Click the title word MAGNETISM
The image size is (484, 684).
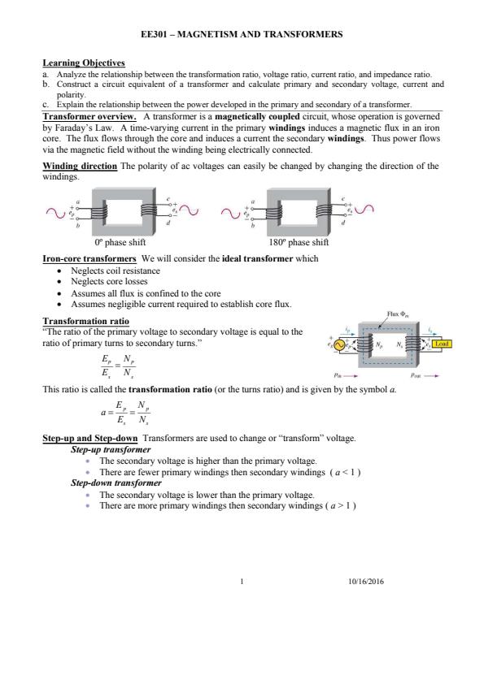pos(207,34)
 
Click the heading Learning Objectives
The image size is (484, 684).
pos(84,63)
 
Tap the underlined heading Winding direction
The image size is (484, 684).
pos(80,166)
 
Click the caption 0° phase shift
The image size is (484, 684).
pos(120,242)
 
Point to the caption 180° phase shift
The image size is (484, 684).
pos(299,242)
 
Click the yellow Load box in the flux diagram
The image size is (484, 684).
pos(441,344)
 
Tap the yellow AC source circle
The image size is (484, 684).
pos(339,344)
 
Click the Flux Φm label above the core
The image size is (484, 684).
pos(398,314)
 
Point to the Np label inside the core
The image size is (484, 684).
pos(379,344)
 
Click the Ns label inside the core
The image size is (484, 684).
pos(399,344)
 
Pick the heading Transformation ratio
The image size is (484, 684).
pos(85,322)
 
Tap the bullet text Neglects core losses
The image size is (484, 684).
pos(109,281)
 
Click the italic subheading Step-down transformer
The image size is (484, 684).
pos(116,483)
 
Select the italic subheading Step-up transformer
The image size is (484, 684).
pos(111,449)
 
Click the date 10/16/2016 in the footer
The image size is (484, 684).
pos(366,581)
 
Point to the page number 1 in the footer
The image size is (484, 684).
pos(242,581)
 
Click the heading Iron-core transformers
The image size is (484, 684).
pos(89,258)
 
